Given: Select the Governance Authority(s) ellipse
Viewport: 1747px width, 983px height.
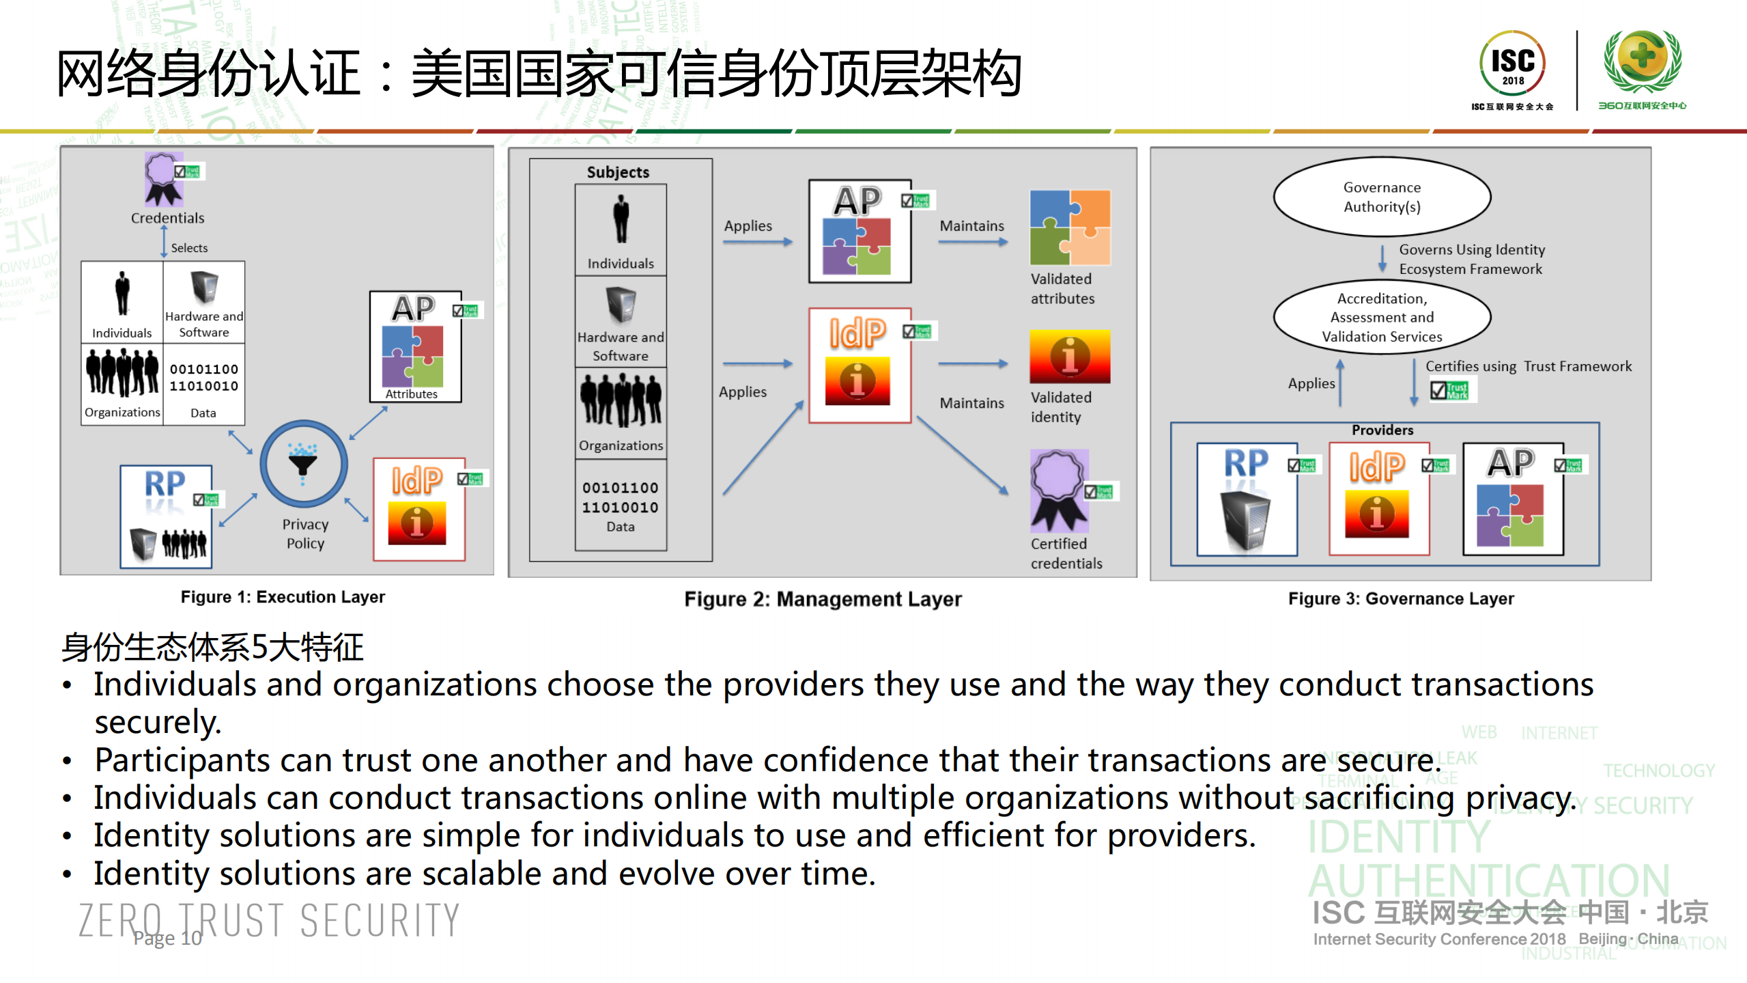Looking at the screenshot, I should [x=1381, y=197].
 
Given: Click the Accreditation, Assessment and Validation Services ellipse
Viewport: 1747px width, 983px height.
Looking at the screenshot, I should [x=1381, y=317].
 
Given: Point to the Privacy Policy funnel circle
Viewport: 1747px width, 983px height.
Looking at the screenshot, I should [x=303, y=464].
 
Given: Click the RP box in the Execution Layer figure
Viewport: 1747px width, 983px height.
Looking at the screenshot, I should [x=166, y=516].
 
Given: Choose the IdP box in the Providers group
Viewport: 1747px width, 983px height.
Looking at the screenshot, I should [x=1378, y=498].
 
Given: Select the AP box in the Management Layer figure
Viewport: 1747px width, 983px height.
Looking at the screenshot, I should [x=860, y=231].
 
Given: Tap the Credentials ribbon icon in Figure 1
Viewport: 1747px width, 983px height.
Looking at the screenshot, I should [x=163, y=179].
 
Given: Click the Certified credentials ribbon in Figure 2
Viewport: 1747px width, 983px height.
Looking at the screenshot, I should [x=1058, y=490].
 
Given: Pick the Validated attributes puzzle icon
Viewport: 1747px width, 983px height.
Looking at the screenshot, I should [x=1069, y=227].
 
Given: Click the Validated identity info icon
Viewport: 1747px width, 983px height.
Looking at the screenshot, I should [x=1069, y=356].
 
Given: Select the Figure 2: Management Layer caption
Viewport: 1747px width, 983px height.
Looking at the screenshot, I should [x=822, y=599].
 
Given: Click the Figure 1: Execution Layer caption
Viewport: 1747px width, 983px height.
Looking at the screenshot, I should [x=283, y=597].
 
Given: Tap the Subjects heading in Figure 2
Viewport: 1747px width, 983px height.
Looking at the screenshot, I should [x=617, y=172].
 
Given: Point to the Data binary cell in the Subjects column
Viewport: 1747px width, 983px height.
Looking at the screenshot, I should [x=620, y=506].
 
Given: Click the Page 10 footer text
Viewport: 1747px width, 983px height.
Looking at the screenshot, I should [x=167, y=938].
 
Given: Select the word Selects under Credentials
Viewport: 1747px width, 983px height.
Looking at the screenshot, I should [x=189, y=248].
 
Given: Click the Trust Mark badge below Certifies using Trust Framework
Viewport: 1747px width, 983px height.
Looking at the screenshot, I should [x=1449, y=390].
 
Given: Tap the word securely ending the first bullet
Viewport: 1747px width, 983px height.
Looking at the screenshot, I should [x=157, y=723].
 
